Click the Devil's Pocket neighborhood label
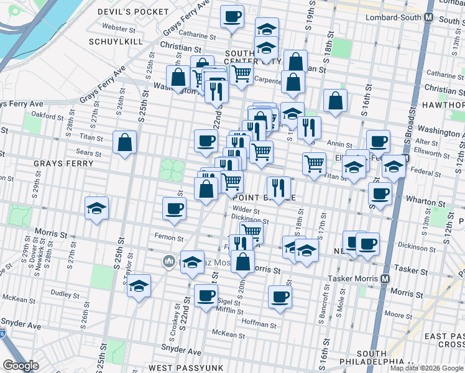tap(133, 12)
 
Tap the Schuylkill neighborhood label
tap(116, 42)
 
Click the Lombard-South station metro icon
tap(428, 18)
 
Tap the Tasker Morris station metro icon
tap(385, 279)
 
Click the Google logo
tap(21, 366)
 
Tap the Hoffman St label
tap(260, 325)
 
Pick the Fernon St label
tap(170, 238)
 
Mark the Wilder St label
tap(245, 210)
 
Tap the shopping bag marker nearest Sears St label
tap(125, 142)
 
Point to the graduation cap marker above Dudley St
tap(139, 285)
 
